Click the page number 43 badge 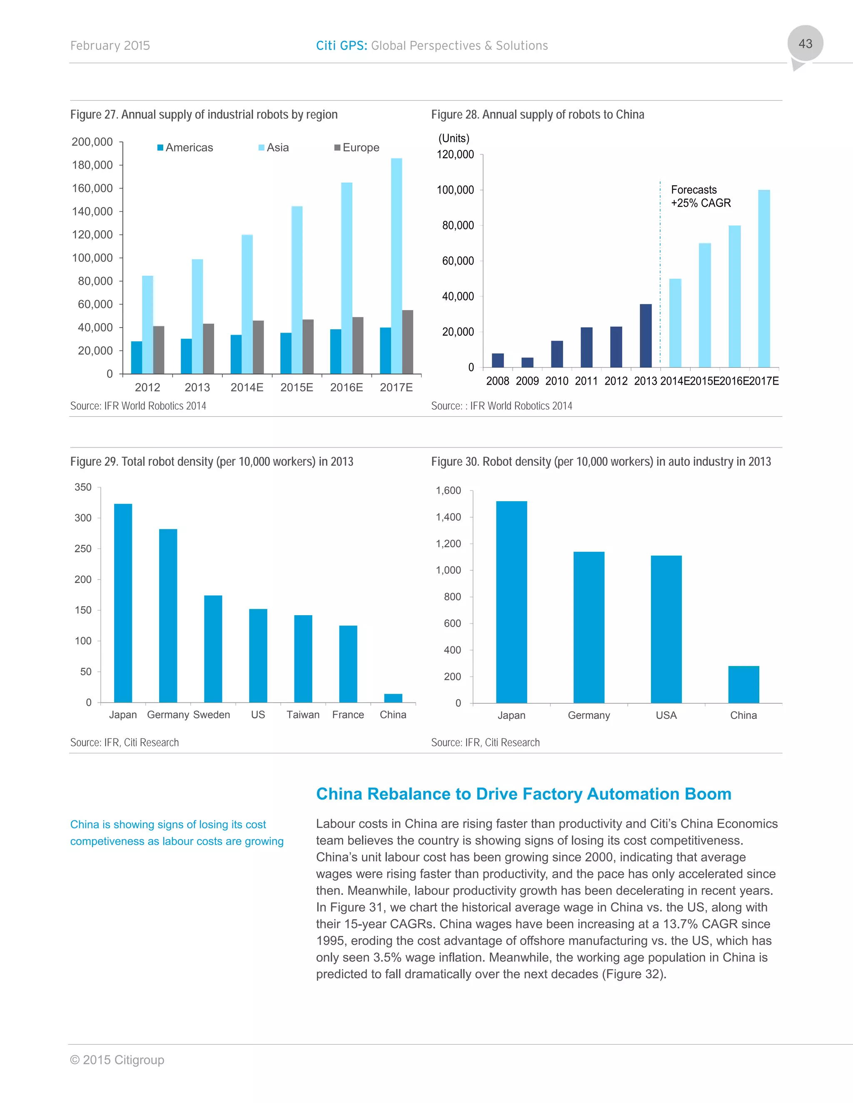pyautogui.click(x=805, y=44)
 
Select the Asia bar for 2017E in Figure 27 pyautogui.click(x=397, y=266)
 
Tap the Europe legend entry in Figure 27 pyautogui.click(x=357, y=147)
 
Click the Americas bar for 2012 pyautogui.click(x=137, y=358)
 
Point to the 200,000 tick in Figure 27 pyautogui.click(x=92, y=142)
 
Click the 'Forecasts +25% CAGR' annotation pyautogui.click(x=701, y=196)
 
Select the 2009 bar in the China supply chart pyautogui.click(x=527, y=362)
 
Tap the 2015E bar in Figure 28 pyautogui.click(x=704, y=305)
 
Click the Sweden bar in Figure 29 pyautogui.click(x=213, y=648)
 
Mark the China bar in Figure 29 pyautogui.click(x=393, y=698)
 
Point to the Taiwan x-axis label pyautogui.click(x=303, y=715)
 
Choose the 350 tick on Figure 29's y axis pyautogui.click(x=83, y=487)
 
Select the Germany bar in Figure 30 pyautogui.click(x=589, y=627)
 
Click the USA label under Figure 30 pyautogui.click(x=666, y=715)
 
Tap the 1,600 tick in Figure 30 pyautogui.click(x=448, y=490)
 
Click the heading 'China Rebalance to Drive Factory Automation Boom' pyautogui.click(x=524, y=794)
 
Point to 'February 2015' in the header pyautogui.click(x=110, y=45)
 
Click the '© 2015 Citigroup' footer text pyautogui.click(x=117, y=1060)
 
